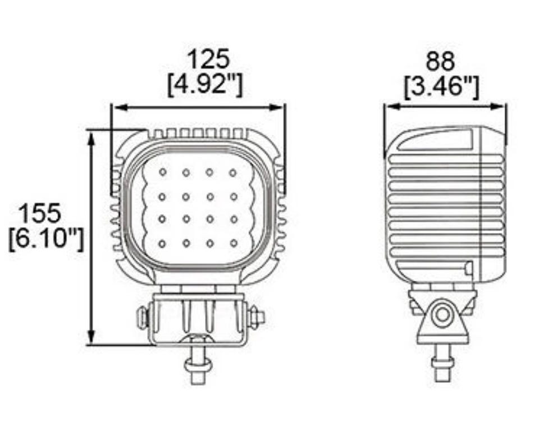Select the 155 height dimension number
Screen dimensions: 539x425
click(x=39, y=213)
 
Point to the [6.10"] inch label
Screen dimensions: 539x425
click(x=46, y=239)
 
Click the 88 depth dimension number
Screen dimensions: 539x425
click(x=441, y=61)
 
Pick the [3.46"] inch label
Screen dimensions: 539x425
click(x=441, y=87)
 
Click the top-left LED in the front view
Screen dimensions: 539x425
click(x=163, y=172)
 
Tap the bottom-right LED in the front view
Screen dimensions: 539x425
click(x=234, y=244)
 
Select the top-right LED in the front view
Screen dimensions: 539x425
click(x=233, y=172)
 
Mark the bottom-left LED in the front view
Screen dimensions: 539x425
click(x=162, y=244)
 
